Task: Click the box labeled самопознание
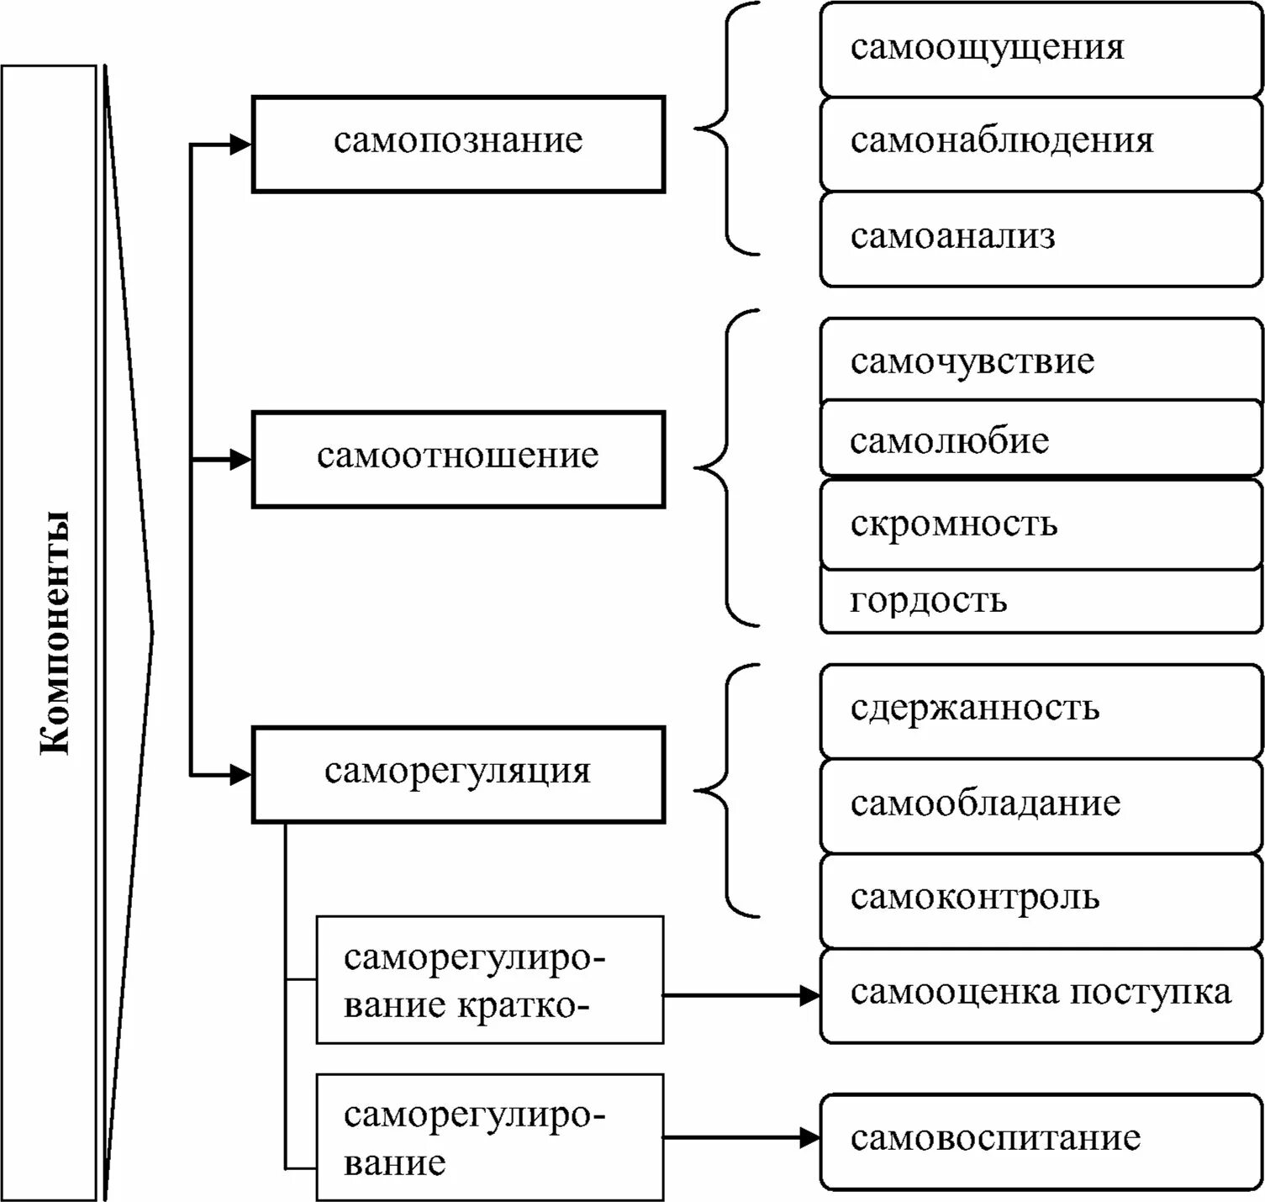point(458,144)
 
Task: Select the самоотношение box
point(458,459)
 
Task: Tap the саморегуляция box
point(458,773)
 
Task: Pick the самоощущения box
point(1041,49)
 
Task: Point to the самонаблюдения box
point(1041,143)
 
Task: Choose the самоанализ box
point(1041,239)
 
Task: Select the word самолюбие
point(949,441)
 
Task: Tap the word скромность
point(953,524)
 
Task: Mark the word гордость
point(928,600)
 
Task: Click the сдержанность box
point(1041,710)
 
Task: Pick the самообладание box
point(1041,805)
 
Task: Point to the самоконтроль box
point(1041,899)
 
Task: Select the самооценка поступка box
point(1041,995)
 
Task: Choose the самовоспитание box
point(1041,1141)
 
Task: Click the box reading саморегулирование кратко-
point(489,980)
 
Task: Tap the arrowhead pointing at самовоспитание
point(810,1138)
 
